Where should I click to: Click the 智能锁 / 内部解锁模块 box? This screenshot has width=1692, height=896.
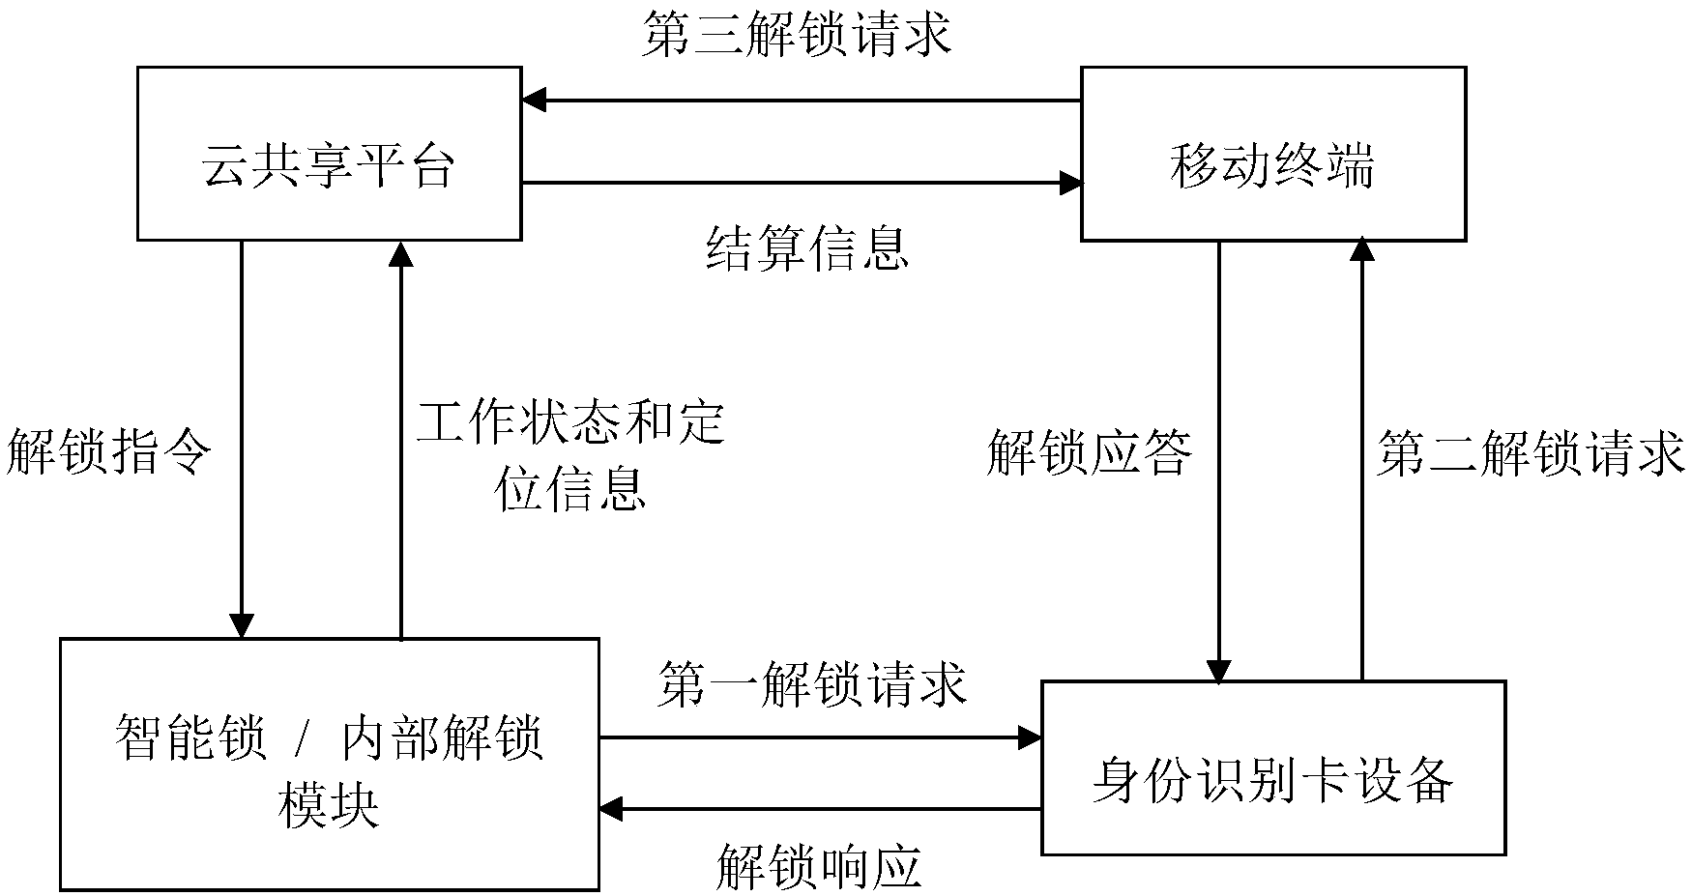tap(329, 764)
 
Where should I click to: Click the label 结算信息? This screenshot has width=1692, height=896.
tap(807, 248)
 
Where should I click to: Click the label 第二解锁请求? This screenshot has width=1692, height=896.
tap(1531, 453)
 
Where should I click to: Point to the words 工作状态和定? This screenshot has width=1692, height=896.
tap(570, 421)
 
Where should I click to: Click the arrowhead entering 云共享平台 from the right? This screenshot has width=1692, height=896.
tap(534, 100)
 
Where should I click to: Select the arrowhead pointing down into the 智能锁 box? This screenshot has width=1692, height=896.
tap(241, 626)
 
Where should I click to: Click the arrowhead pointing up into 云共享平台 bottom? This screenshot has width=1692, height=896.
tap(400, 252)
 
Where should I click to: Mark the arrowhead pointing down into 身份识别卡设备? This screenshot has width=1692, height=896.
tap(1218, 670)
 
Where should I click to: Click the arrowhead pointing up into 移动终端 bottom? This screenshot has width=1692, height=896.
tap(1361, 251)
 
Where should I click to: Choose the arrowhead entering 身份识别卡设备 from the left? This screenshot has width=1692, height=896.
tap(1030, 738)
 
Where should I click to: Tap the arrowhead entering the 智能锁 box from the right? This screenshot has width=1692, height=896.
tap(611, 810)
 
